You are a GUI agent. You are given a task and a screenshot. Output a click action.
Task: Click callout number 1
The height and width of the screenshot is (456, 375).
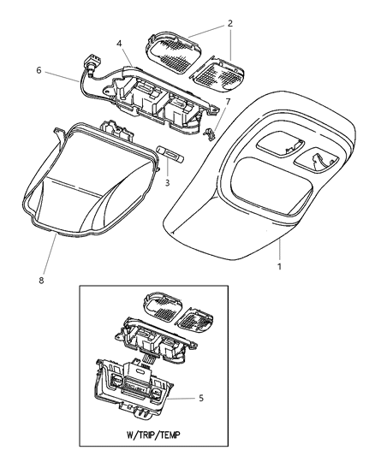point(279,266)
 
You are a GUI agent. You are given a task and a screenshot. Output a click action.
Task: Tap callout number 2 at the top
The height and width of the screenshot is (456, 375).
point(230,23)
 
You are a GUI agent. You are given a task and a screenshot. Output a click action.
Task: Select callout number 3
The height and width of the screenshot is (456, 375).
point(167,183)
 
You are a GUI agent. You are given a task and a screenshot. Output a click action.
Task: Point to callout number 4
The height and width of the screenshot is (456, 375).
point(119,44)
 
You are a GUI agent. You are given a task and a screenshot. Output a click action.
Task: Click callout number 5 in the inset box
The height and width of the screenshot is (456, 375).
point(201,398)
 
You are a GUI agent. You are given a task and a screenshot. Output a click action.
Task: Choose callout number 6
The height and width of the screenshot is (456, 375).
point(39,70)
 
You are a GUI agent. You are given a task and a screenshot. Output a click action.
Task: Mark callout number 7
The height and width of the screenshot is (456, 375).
point(228,102)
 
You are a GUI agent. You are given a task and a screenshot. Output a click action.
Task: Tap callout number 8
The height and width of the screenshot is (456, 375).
point(41,281)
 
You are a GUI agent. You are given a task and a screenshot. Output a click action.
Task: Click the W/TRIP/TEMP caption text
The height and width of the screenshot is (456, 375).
point(153,435)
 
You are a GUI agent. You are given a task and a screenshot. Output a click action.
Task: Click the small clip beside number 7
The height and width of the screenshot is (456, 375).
point(209,134)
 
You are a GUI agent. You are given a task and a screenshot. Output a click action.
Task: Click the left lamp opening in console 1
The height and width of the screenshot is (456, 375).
point(280,145)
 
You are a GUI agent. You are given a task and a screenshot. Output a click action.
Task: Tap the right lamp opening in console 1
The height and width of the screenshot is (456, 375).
point(317,162)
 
